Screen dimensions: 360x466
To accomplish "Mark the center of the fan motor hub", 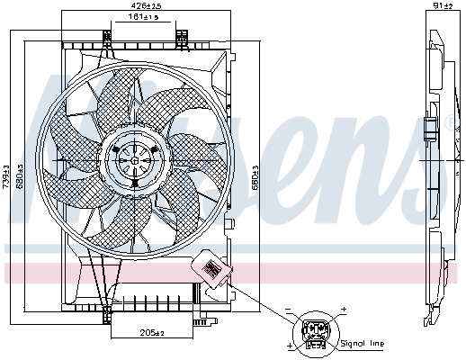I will click(x=135, y=160).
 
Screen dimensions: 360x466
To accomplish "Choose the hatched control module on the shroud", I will click(x=212, y=269).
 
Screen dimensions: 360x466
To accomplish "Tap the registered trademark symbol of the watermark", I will click(x=450, y=122).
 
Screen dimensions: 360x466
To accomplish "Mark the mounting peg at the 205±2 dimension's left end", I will click(x=110, y=316).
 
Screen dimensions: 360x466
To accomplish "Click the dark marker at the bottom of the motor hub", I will click(x=134, y=183).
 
